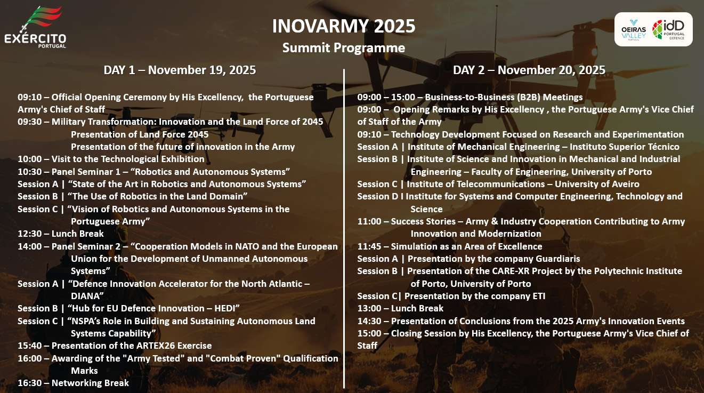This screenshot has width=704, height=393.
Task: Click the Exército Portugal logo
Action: (35, 28)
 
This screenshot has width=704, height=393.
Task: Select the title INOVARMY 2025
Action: (343, 25)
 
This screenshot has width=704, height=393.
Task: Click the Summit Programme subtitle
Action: (343, 48)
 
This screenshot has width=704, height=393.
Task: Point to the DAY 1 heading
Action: (180, 70)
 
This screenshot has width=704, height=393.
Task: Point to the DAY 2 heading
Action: (529, 70)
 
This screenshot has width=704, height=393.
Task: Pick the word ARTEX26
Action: (155, 346)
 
